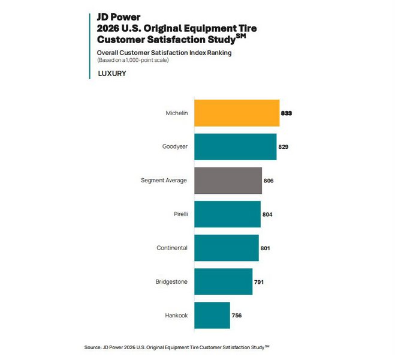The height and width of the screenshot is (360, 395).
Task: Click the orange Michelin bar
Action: pos(237,113)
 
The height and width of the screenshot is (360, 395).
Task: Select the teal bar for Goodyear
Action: pos(236,146)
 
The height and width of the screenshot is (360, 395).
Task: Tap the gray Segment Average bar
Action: pos(228,181)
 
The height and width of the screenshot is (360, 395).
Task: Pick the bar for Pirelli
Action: pos(228,214)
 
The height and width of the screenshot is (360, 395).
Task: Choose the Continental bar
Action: pos(227,248)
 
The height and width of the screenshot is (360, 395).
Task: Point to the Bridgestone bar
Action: pos(224,281)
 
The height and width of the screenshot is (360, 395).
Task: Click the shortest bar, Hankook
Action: pos(212,315)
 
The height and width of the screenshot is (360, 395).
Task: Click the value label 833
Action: pos(286,113)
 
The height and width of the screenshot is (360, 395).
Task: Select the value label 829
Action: pos(284,146)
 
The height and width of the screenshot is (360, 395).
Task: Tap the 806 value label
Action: pos(269,181)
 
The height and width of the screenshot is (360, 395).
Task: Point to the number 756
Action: pos(237,315)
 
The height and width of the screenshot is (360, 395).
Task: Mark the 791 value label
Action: pos(259,281)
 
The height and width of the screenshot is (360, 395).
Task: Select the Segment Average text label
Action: pos(164,181)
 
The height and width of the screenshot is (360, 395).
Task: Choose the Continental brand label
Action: pos(172,248)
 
